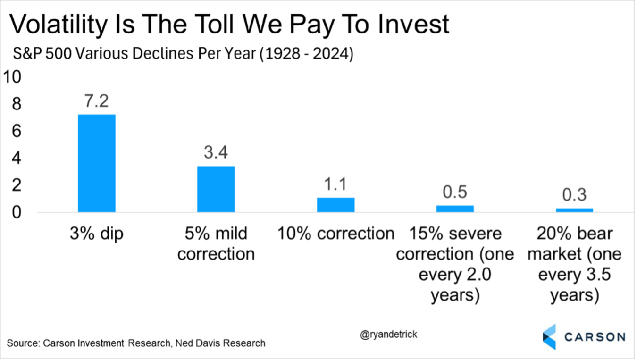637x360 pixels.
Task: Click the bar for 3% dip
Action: click(97, 163)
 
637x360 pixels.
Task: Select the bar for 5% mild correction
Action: click(216, 189)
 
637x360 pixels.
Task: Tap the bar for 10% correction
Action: click(335, 205)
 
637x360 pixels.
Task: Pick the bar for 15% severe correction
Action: click(455, 209)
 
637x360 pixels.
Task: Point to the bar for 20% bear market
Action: click(574, 210)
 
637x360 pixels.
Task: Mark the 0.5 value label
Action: click(455, 193)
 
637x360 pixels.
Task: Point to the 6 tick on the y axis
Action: click(17, 131)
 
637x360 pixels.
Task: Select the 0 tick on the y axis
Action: click(17, 213)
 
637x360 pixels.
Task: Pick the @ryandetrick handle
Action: click(388, 335)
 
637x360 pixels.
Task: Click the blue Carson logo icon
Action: click(549, 336)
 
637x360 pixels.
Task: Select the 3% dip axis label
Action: click(97, 234)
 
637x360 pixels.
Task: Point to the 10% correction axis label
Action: click(335, 234)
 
